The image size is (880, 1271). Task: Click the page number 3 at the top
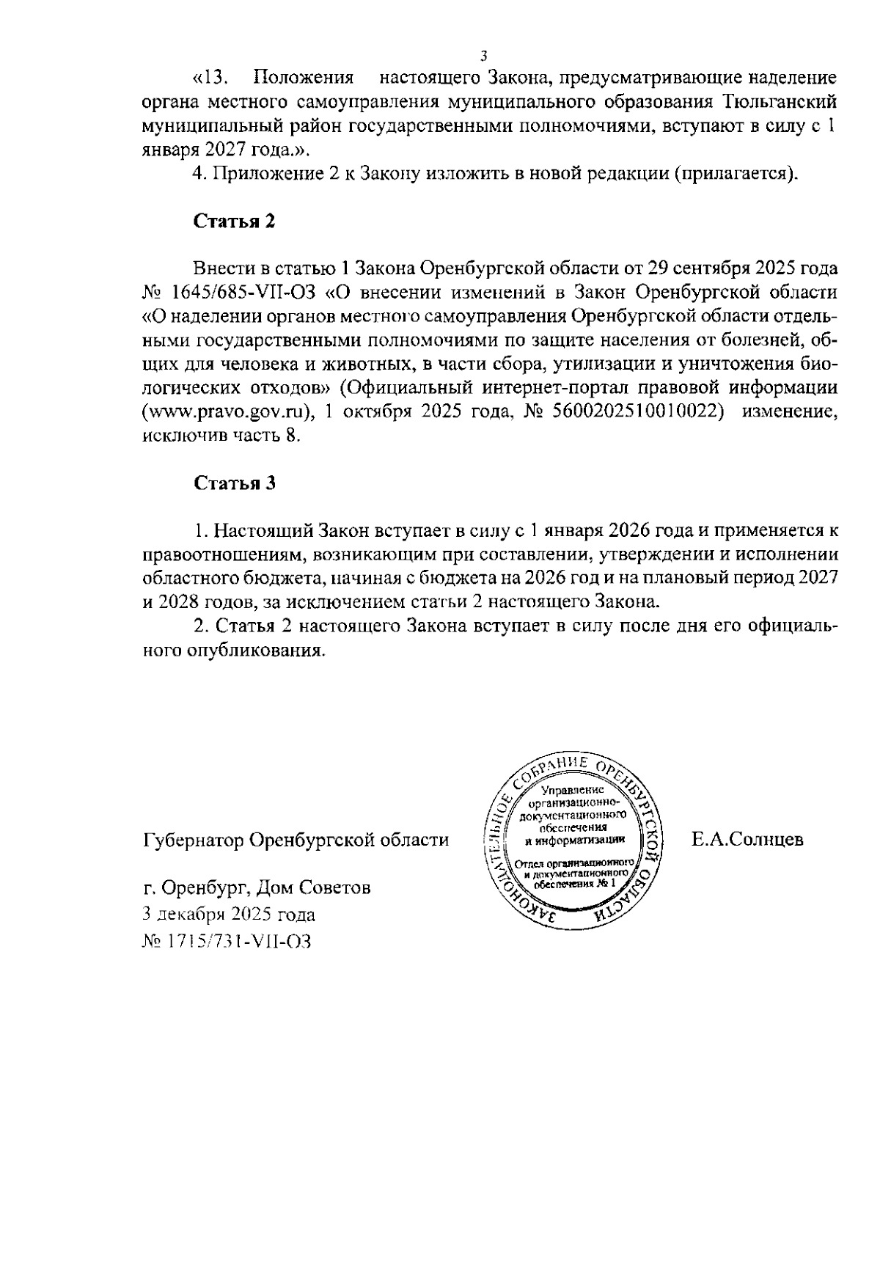point(483,56)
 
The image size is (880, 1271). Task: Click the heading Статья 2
point(234,221)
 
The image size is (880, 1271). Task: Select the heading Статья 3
point(234,483)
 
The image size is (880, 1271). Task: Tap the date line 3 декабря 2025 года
point(229,915)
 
